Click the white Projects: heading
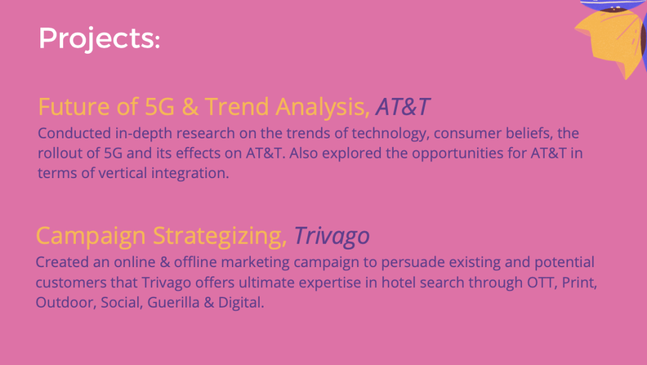[x=99, y=39]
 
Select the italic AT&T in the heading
[x=402, y=107]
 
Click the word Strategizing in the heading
[x=220, y=236]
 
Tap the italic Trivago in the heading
[x=332, y=236]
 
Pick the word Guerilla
[x=173, y=302]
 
